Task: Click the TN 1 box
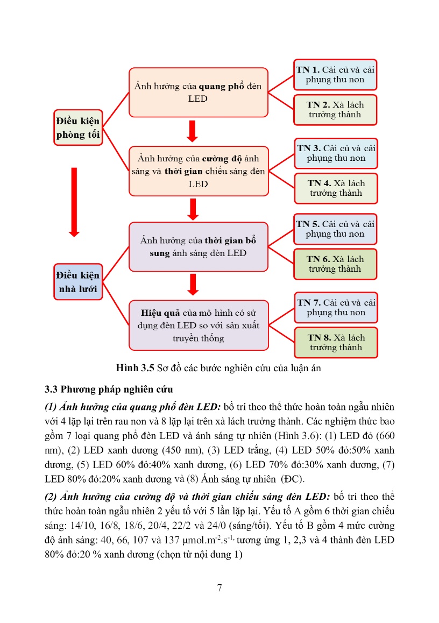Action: click(x=335, y=74)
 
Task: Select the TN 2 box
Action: click(x=335, y=110)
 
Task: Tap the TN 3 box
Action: click(x=336, y=153)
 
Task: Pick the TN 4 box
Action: click(x=336, y=188)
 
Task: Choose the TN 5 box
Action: click(x=335, y=229)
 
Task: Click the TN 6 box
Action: click(x=335, y=264)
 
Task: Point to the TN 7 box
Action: click(x=335, y=308)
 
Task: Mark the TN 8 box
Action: click(x=336, y=343)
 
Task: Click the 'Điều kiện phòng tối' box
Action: click(x=78, y=128)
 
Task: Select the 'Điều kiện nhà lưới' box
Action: click(x=78, y=282)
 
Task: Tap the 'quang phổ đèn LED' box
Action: click(x=198, y=92)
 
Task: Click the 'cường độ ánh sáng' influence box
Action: click(x=198, y=171)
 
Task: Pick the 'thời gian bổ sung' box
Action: click(x=198, y=246)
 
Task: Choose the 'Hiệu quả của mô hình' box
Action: click(x=198, y=325)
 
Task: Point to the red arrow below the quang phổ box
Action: click(x=192, y=131)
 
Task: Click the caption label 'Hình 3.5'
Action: click(x=134, y=369)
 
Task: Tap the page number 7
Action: click(x=219, y=587)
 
